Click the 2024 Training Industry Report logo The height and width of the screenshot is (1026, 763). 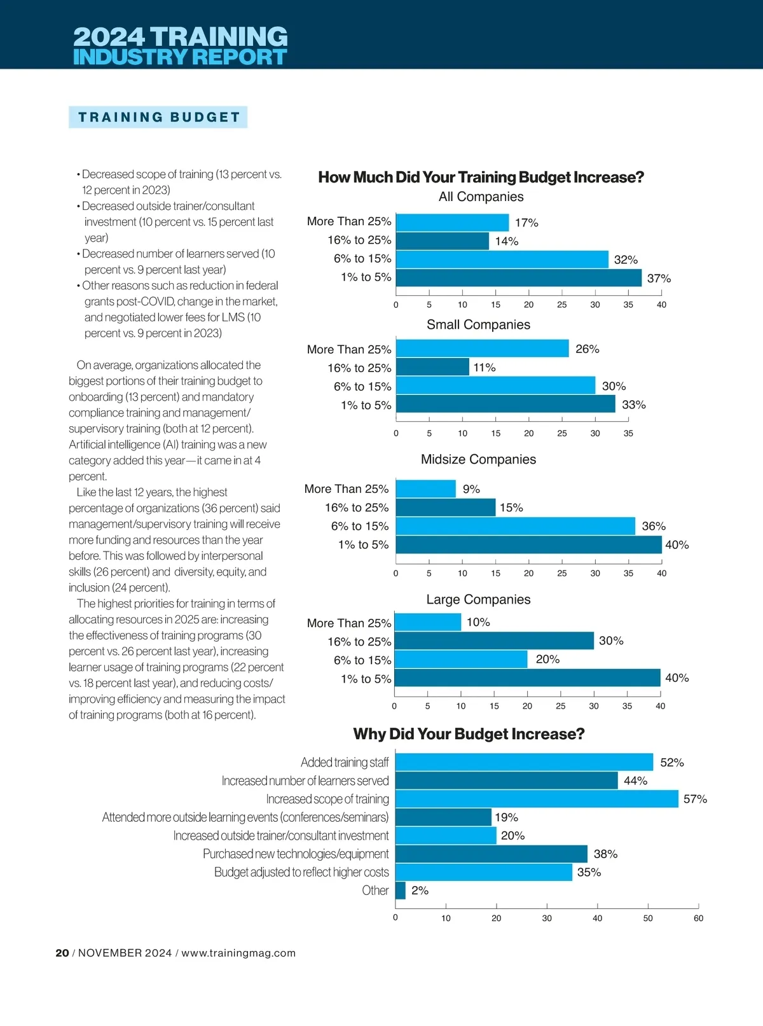180,46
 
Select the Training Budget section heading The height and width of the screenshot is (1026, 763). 158,117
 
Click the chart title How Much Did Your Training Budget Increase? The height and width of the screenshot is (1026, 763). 481,177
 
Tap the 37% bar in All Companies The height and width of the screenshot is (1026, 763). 518,278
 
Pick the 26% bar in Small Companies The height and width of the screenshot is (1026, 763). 482,349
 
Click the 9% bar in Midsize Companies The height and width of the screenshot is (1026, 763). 425,489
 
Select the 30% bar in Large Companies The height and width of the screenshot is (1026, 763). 494,641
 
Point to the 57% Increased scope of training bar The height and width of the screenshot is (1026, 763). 537,799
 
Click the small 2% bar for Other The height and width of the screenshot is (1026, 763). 401,891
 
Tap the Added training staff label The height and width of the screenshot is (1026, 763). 345,762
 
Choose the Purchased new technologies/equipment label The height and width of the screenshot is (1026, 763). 296,854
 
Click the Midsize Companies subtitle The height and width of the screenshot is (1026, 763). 478,459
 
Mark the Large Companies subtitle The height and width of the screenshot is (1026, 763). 478,599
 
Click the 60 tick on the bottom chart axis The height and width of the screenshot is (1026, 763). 698,918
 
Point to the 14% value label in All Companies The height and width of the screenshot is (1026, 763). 507,241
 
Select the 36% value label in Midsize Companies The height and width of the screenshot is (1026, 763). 654,526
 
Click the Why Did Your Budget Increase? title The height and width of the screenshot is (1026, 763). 469,734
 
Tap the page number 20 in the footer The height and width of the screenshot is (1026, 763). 62,953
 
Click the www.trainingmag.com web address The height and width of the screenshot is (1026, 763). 238,953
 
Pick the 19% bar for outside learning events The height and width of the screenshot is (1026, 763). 443,817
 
